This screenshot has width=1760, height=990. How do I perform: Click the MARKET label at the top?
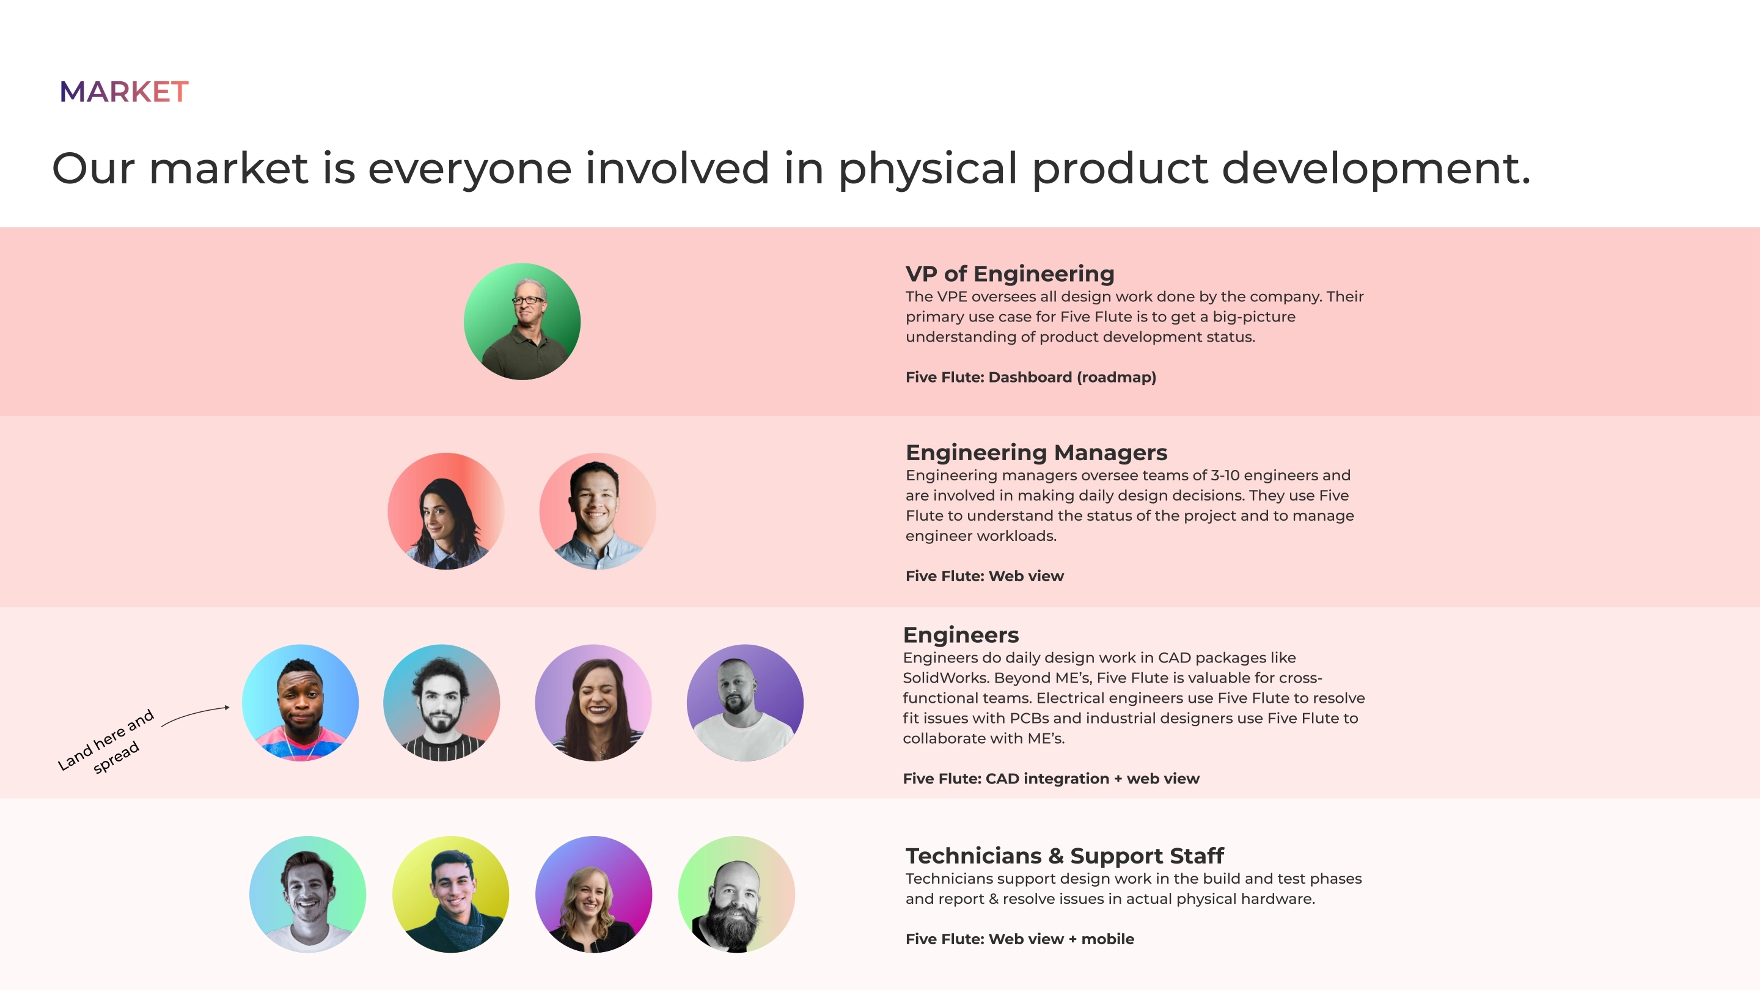point(123,92)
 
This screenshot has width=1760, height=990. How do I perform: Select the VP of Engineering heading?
point(1010,273)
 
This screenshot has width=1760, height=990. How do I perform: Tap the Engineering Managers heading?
point(1036,452)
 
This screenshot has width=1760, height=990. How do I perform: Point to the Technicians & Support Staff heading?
point(1065,856)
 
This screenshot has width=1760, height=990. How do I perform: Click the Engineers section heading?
point(961,635)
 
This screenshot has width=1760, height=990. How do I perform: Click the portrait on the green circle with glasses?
point(522,321)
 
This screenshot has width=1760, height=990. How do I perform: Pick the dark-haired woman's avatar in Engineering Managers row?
point(446,511)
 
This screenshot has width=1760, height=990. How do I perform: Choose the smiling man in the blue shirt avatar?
point(598,511)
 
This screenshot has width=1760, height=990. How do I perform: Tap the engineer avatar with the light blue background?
point(301,702)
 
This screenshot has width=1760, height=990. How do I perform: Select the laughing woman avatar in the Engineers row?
point(593,702)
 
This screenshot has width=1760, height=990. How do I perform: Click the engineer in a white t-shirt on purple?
point(745,702)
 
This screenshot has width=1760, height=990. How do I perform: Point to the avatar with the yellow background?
point(451,893)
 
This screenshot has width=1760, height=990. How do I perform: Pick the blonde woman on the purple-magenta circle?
point(593,893)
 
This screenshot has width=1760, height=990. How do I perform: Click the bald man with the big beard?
point(736,893)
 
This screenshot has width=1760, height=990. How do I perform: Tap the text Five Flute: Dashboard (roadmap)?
point(1031,377)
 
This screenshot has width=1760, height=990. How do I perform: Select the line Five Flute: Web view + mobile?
point(1019,939)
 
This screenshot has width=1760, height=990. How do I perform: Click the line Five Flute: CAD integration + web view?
point(1051,779)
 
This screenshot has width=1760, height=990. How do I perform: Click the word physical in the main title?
point(928,169)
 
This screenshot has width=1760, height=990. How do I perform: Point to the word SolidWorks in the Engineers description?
point(945,678)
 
